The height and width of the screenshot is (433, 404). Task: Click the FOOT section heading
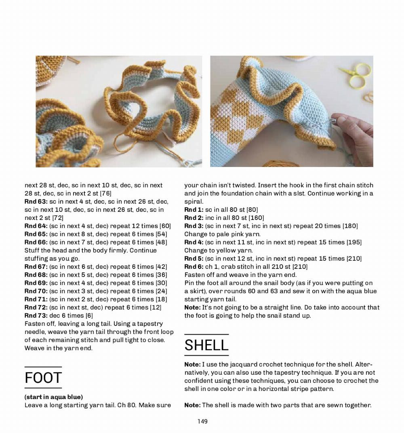coord(43,378)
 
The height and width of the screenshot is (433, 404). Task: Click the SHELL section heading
coord(206,345)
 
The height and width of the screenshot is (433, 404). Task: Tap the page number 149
coord(202,421)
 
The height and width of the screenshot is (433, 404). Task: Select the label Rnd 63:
coord(36,201)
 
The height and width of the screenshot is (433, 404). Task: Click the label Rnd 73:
coord(36,315)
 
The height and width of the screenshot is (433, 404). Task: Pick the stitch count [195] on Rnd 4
coord(354,242)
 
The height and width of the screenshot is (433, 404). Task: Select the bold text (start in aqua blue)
coord(54,397)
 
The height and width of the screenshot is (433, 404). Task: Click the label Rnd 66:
coord(36,242)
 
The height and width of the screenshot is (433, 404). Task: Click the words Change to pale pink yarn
coord(222,234)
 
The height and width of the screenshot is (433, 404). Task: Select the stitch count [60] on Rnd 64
coord(165,226)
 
